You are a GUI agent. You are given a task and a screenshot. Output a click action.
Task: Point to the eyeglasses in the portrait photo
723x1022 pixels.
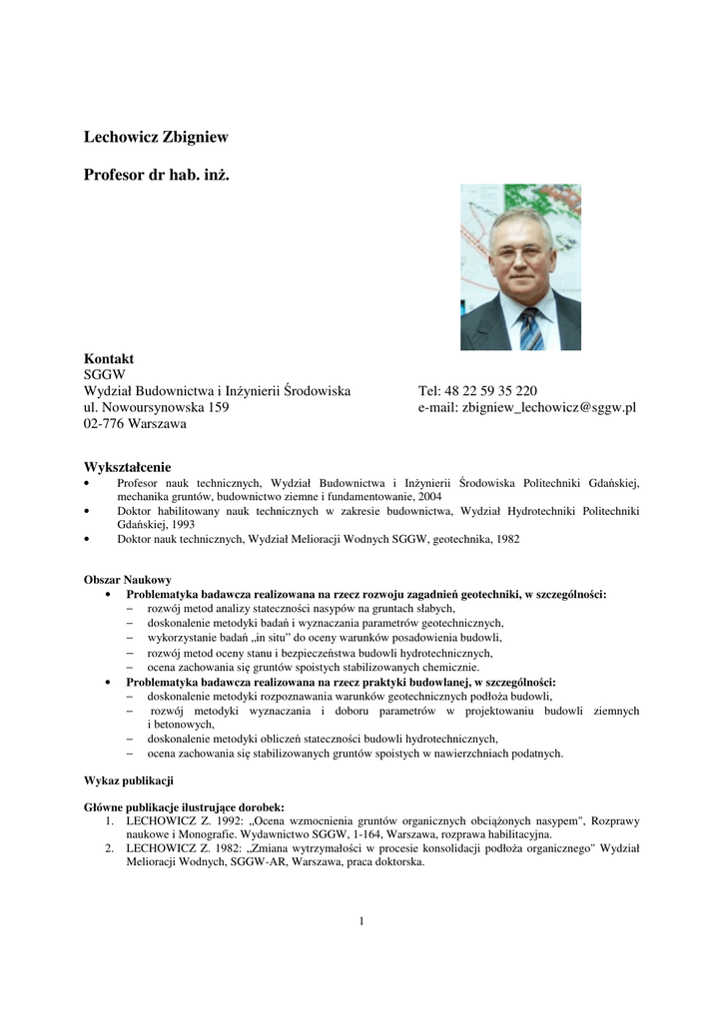click(x=518, y=252)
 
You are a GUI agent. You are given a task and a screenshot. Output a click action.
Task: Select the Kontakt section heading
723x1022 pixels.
click(x=109, y=358)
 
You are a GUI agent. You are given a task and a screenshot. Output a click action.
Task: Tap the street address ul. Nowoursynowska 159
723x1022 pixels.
click(x=157, y=407)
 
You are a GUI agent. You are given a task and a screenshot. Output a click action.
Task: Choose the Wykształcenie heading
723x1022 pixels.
click(x=128, y=466)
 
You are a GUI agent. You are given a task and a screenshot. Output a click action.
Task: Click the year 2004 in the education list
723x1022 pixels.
click(x=430, y=496)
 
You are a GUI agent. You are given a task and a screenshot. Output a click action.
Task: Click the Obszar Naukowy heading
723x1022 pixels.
click(x=128, y=579)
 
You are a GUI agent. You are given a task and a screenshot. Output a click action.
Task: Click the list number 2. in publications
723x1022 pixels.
click(x=111, y=848)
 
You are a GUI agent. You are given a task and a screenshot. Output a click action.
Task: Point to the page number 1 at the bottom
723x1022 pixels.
click(x=361, y=920)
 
